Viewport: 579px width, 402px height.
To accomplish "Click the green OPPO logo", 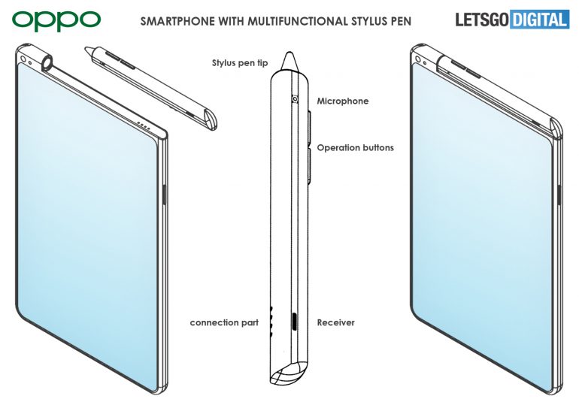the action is coord(56,20).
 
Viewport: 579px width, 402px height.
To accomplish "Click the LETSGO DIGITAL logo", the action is coord(512,20).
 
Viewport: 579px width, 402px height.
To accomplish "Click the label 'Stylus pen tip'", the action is coord(240,63).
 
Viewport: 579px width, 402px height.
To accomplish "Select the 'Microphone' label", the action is coord(343,101).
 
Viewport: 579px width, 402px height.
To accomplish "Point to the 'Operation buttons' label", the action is coord(355,148).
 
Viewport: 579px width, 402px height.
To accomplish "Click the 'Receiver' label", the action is coord(335,322).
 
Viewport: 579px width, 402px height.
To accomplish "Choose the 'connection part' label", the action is coord(224,322).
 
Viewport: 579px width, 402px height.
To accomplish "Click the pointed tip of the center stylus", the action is coord(289,53).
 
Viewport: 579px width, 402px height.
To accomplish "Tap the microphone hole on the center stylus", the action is coord(295,99).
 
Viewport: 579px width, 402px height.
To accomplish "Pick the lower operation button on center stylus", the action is coord(310,166).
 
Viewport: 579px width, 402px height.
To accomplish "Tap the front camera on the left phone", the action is coord(23,59).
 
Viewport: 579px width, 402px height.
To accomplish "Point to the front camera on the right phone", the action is coord(418,59).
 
